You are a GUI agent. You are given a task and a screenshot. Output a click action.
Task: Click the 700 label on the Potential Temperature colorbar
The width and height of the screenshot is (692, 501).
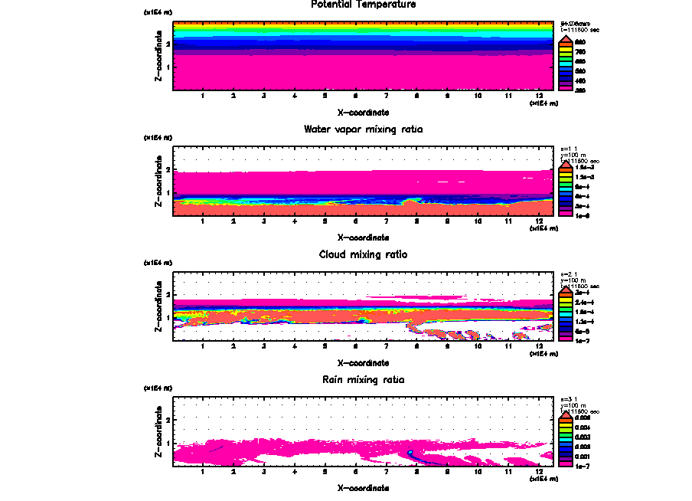(x=580, y=51)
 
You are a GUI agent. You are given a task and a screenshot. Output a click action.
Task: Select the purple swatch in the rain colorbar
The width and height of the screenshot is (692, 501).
(x=566, y=456)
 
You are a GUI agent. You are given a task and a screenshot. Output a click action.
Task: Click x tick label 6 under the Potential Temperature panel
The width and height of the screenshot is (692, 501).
(x=356, y=96)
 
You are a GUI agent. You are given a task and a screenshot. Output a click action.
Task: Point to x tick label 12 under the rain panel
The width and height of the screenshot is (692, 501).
(x=540, y=471)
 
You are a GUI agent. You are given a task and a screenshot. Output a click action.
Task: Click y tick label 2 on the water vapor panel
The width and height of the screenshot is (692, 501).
(x=168, y=169)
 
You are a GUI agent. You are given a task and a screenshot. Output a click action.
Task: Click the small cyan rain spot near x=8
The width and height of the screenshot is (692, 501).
(x=410, y=453)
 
